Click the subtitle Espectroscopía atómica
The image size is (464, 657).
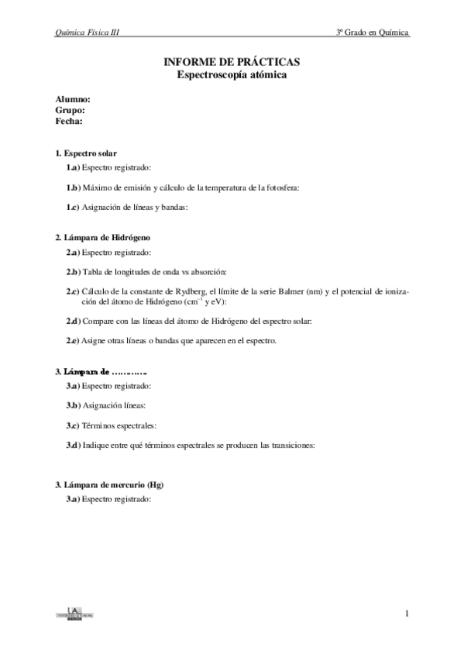232,74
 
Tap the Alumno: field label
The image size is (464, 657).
73,100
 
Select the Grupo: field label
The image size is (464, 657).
70,111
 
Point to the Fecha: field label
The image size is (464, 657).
69,122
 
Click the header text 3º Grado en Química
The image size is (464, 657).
372,33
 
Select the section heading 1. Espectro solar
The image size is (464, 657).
86,154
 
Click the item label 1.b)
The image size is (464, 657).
73,187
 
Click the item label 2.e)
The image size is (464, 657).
73,341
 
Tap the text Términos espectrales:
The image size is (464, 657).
118,425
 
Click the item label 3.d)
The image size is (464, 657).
73,445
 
